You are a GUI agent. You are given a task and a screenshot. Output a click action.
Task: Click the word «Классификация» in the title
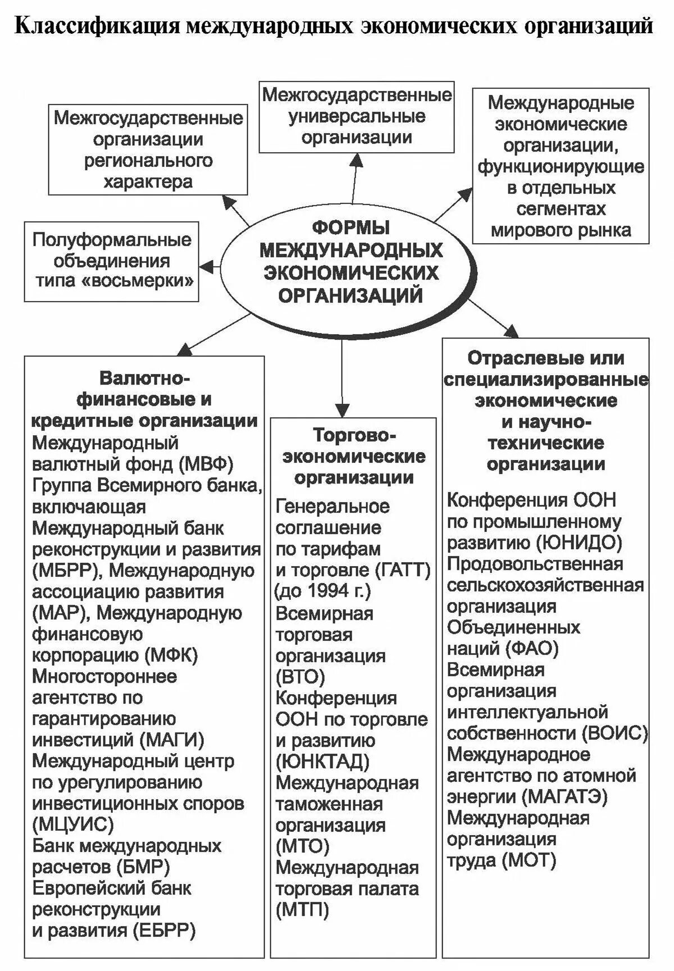[95, 26]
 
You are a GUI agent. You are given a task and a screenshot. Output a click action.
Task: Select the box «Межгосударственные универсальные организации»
[357, 116]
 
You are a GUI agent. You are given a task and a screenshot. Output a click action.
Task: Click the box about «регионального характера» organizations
[148, 149]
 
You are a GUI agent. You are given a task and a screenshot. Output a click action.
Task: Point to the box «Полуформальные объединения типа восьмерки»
[111, 261]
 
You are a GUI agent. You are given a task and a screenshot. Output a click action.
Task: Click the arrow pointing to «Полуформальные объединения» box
[211, 265]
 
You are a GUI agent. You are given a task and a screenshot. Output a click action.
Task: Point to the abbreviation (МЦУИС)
[73, 824]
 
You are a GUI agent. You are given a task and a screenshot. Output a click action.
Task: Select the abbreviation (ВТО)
[300, 677]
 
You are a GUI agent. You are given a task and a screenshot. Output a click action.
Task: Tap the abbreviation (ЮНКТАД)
[323, 762]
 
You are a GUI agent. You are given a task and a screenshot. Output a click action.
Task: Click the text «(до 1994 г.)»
[323, 591]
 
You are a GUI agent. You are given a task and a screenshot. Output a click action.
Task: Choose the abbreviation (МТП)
[302, 910]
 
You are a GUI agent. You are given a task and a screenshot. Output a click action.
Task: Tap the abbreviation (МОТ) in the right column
[529, 860]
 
